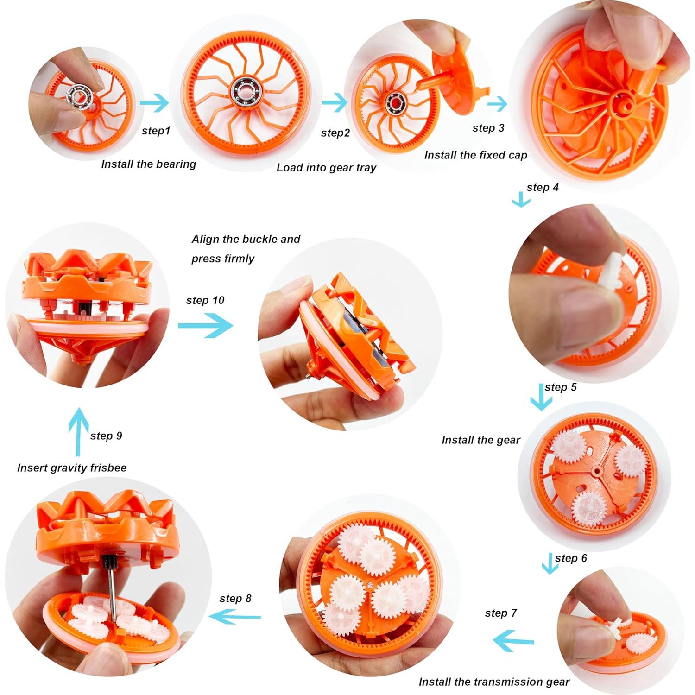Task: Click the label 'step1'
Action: [x=156, y=131]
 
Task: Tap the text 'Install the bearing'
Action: [x=148, y=164]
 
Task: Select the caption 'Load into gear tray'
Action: [x=326, y=168]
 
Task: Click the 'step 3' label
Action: [x=488, y=128]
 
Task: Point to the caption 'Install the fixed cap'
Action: [x=476, y=155]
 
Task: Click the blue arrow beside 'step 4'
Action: [x=521, y=200]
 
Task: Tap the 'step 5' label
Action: [x=561, y=387]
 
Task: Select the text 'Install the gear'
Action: [x=481, y=440]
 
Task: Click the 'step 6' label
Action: [x=571, y=558]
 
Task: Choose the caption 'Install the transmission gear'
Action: [x=494, y=682]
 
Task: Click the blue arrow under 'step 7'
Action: [x=513, y=642]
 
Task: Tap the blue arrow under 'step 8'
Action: [x=235, y=617]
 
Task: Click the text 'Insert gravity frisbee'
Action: [x=72, y=468]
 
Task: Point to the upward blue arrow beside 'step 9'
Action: [x=79, y=431]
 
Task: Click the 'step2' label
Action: [x=335, y=133]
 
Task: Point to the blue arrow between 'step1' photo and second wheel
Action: [x=154, y=103]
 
